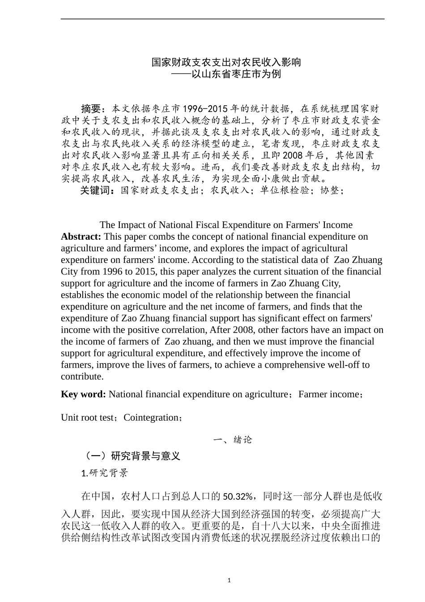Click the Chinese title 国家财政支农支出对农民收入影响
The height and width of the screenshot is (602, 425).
click(x=226, y=62)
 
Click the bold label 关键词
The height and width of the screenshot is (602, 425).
click(x=98, y=190)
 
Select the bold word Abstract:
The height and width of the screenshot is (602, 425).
click(x=81, y=236)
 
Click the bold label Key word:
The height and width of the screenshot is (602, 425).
click(x=83, y=394)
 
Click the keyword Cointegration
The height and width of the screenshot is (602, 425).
click(x=151, y=417)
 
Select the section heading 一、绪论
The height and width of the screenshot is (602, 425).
click(x=233, y=440)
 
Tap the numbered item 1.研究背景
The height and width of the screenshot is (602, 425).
click(x=105, y=473)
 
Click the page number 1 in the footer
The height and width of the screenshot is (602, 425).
click(x=229, y=580)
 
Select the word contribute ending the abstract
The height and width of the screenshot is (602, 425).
click(x=81, y=376)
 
